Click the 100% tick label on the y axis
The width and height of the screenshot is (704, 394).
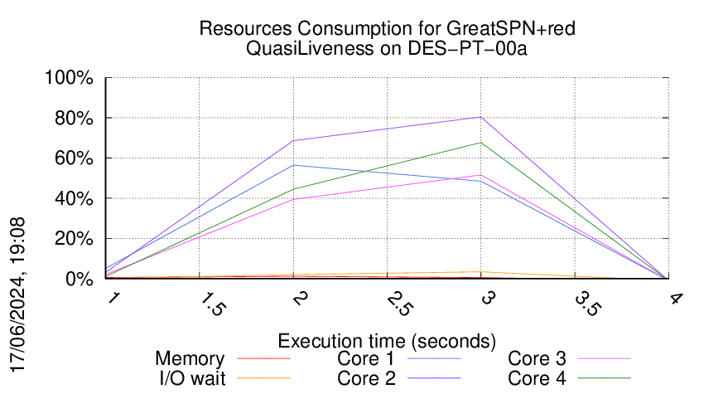click(x=73, y=79)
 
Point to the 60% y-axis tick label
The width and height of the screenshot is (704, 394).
click(x=77, y=159)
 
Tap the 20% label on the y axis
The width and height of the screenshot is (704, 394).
click(x=77, y=240)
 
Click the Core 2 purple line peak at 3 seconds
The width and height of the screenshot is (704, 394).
click(x=480, y=117)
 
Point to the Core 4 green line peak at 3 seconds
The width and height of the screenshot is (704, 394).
click(x=480, y=143)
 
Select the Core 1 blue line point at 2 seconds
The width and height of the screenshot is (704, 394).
click(x=293, y=165)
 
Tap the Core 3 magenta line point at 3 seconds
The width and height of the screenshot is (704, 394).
click(x=480, y=175)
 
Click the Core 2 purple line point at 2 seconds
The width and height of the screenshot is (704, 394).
click(x=293, y=140)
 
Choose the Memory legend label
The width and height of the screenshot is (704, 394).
click(x=190, y=359)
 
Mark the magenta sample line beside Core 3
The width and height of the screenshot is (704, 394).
click(x=604, y=359)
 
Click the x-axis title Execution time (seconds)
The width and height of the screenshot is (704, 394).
click(x=387, y=341)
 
